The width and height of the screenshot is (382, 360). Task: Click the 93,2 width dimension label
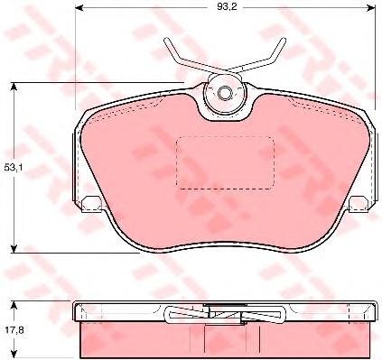227,7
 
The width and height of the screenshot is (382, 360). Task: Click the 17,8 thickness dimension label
14,330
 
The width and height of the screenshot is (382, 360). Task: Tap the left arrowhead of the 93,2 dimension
79,7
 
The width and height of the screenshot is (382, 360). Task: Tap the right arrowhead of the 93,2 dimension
371,7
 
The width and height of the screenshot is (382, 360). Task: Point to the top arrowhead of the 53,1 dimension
14,87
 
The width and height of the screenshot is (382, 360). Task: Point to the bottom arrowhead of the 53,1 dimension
14,249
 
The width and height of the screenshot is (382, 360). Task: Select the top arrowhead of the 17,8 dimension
14,305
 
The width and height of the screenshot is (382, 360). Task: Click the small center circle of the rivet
224,93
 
